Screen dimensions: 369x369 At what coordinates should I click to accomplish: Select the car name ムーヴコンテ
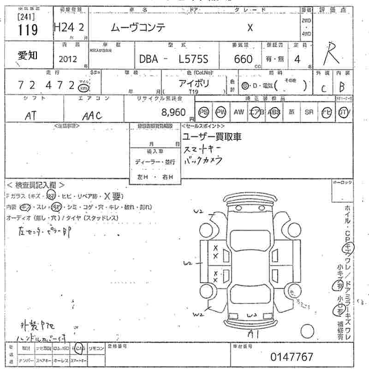coord(137,28)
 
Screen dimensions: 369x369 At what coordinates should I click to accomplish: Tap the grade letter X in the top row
coord(250,28)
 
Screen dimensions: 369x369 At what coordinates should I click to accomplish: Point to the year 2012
coord(68,59)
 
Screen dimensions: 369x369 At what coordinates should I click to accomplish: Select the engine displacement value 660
coord(243,59)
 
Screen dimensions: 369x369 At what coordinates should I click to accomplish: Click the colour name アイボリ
coord(194,83)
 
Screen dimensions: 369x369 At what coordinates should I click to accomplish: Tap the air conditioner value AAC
coord(92,116)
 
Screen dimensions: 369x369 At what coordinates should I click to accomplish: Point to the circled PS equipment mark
coord(203,112)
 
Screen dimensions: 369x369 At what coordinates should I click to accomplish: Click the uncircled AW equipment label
coord(238,112)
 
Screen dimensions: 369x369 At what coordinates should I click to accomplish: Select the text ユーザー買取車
coord(212,137)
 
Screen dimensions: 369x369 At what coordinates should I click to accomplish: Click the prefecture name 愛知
coord(28,55)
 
